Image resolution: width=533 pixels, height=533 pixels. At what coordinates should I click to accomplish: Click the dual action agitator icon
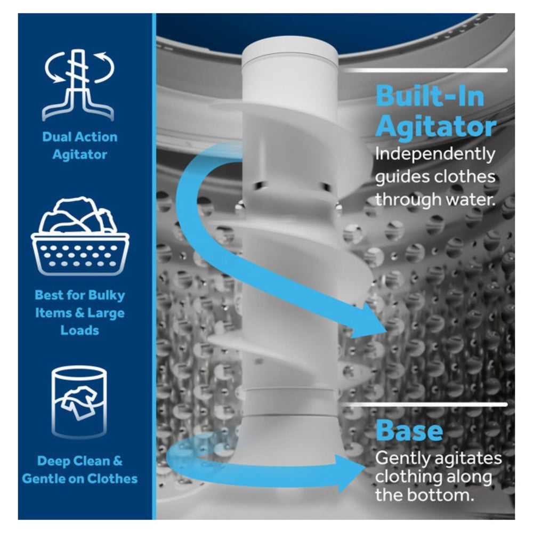79,85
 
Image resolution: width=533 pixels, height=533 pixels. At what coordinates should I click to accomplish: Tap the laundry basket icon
80,235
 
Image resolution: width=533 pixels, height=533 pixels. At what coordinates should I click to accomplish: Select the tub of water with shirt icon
79,402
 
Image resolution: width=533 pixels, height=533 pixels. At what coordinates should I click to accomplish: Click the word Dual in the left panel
55,136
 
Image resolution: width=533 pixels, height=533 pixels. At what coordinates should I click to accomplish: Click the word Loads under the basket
79,330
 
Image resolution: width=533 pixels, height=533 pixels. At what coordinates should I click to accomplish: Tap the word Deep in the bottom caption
54,461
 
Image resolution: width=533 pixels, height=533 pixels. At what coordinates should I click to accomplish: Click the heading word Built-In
430,96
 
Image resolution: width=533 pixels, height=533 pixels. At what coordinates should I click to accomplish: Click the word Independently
435,155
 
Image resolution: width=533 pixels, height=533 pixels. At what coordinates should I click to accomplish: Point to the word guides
399,177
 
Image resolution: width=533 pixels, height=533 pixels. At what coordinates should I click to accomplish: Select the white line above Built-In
425,70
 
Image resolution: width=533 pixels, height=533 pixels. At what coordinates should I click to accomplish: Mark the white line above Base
425,405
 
